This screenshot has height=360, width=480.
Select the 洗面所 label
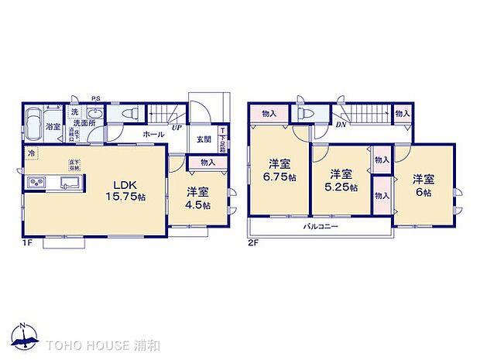(x=83, y=123)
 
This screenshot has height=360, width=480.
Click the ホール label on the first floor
(x=153, y=134)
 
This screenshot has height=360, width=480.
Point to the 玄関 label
(x=203, y=139)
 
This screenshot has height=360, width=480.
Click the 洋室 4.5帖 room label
(x=199, y=197)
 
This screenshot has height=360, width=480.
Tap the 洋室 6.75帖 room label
(x=279, y=170)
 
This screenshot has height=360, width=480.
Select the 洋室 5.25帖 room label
(x=341, y=180)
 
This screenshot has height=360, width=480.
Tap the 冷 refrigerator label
(x=30, y=153)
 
